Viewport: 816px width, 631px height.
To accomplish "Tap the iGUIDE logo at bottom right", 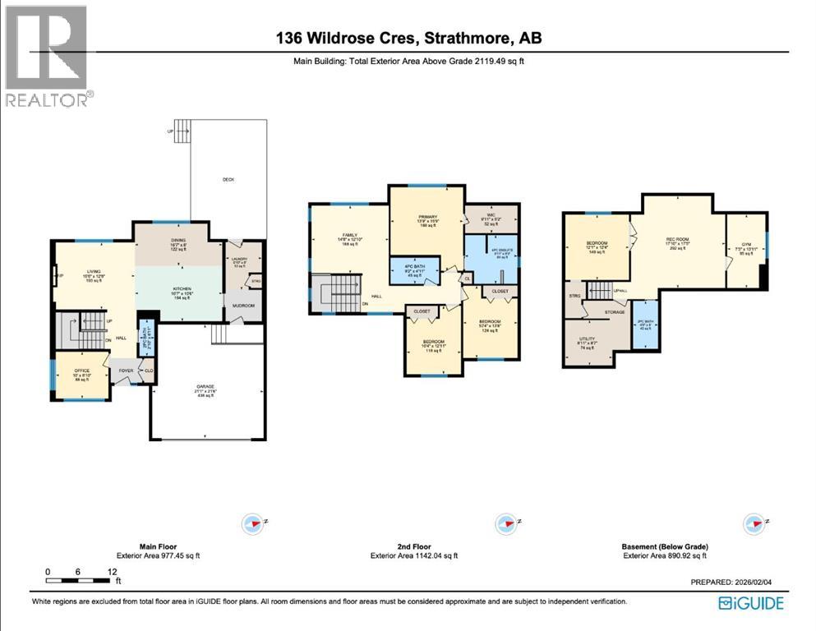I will point(750,604).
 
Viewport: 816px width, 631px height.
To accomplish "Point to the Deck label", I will point(228,180).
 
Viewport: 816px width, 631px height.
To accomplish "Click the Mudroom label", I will point(244,306).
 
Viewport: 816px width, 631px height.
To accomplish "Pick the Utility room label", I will point(587,344).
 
